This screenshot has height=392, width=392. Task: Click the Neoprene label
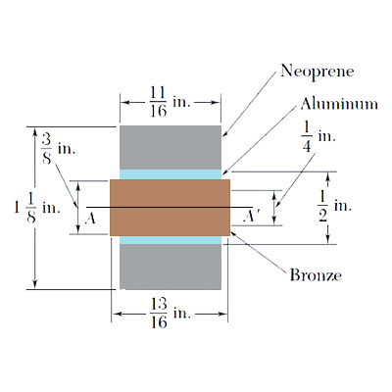[317, 71]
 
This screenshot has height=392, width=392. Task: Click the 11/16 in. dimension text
[170, 100]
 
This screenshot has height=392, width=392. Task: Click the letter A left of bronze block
[91, 219]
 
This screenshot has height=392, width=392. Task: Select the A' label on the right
[250, 219]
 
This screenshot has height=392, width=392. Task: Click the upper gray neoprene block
[170, 147]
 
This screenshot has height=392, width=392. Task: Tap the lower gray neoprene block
[170, 266]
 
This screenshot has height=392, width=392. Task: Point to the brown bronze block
[170, 207]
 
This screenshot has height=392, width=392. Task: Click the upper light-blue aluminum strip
[170, 173]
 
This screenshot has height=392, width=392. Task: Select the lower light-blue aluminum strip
[170, 239]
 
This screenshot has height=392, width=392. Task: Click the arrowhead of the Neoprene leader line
[223, 134]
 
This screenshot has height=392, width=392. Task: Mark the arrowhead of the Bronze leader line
[231, 232]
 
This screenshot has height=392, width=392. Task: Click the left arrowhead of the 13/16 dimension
[113, 315]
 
